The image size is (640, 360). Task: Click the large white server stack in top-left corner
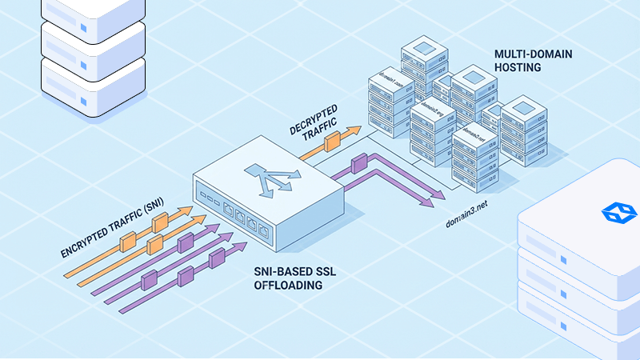pyautogui.click(x=92, y=48)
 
